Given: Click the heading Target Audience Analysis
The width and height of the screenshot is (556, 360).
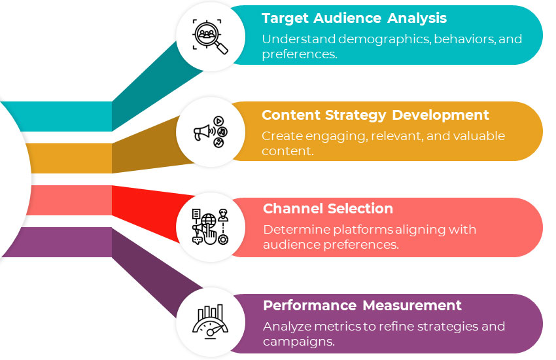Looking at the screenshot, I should pyautogui.click(x=354, y=18).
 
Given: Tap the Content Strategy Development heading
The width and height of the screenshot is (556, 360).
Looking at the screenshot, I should pyautogui.click(x=375, y=115).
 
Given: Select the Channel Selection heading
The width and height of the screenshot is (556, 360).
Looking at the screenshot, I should pyautogui.click(x=328, y=209).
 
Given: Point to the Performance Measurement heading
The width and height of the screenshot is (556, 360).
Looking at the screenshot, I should pyautogui.click(x=362, y=306).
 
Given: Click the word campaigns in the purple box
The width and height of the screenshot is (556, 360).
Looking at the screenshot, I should pyautogui.click(x=290, y=342).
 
